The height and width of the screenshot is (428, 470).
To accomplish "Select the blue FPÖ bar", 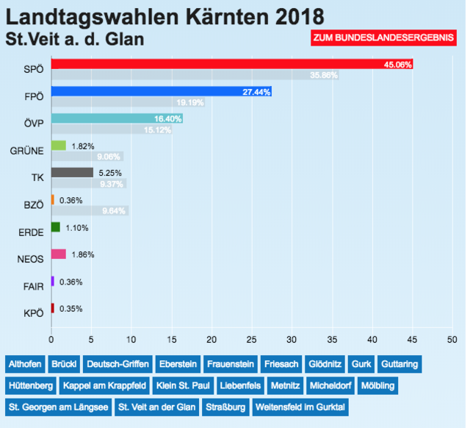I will pyautogui.click(x=162, y=92).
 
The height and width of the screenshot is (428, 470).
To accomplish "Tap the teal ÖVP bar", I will pyautogui.click(x=117, y=118).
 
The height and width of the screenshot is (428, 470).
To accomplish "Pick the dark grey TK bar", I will pyautogui.click(x=72, y=173).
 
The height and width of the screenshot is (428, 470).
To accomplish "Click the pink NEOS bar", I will pyautogui.click(x=58, y=254).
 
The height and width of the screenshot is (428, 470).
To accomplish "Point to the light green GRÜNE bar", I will pyautogui.click(x=58, y=146).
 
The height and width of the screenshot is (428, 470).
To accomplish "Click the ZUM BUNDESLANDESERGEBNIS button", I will pyautogui.click(x=383, y=38).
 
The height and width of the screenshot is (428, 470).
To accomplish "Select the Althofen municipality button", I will pyautogui.click(x=26, y=364).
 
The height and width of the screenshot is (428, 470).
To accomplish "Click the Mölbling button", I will pyautogui.click(x=397, y=385).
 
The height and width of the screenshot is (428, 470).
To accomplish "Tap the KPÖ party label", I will pyautogui.click(x=34, y=313).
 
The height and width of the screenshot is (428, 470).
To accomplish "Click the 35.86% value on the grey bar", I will pyautogui.click(x=324, y=75).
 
